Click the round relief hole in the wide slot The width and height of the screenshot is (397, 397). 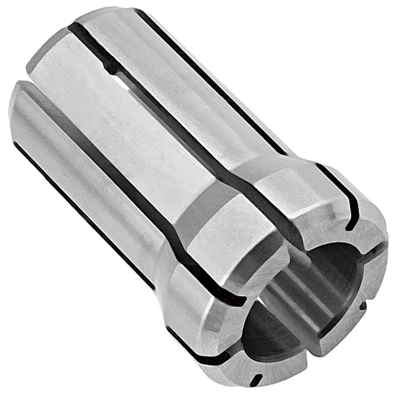tap(112, 70)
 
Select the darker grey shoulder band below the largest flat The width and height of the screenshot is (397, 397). tap(194, 217)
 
